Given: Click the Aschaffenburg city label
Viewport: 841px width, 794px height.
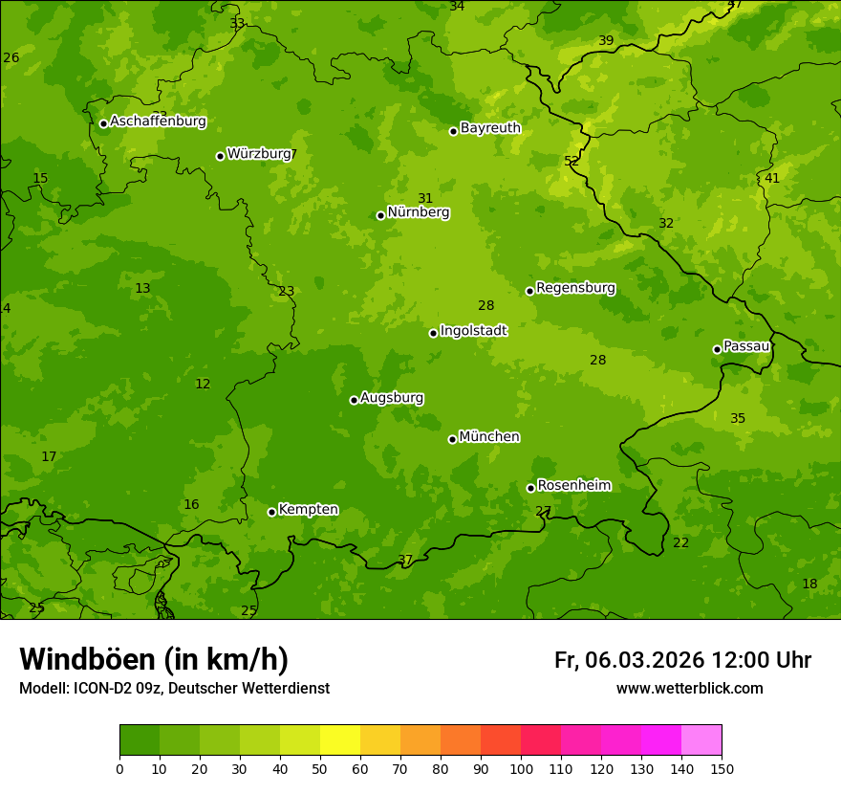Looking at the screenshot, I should pyautogui.click(x=158, y=121).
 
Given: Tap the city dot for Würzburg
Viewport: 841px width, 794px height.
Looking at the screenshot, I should pyautogui.click(x=220, y=156).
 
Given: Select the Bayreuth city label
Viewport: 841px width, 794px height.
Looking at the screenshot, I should pyautogui.click(x=490, y=128).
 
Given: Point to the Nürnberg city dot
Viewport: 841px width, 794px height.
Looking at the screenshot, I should pyautogui.click(x=380, y=215).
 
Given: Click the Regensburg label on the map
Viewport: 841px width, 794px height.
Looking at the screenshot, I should pyautogui.click(x=575, y=288).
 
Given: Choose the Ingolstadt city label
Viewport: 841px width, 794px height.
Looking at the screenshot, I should pyautogui.click(x=473, y=331).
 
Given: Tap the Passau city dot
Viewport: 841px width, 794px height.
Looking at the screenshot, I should pyautogui.click(x=717, y=349).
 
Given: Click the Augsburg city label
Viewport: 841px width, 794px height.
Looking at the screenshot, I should pyautogui.click(x=392, y=398).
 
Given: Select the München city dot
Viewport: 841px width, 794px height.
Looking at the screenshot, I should pyautogui.click(x=452, y=439).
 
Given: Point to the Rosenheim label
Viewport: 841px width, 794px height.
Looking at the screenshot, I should pyautogui.click(x=573, y=486).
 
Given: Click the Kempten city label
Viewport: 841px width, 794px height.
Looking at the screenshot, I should pyautogui.click(x=308, y=510).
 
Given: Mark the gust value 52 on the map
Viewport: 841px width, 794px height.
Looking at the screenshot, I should pyautogui.click(x=571, y=161).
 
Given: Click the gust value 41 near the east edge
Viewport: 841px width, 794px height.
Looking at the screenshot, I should pyautogui.click(x=772, y=178).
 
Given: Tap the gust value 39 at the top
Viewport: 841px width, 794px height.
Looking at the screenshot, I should pyautogui.click(x=606, y=40).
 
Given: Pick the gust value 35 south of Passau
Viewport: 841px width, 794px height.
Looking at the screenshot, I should pyautogui.click(x=738, y=418).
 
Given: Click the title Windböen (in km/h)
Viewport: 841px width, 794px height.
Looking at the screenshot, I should pyautogui.click(x=154, y=659).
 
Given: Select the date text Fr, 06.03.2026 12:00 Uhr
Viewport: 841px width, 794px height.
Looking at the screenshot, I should pyautogui.click(x=682, y=660).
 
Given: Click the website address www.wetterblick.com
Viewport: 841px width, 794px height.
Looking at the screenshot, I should pyautogui.click(x=689, y=689).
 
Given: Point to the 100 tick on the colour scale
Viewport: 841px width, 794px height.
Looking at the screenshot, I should pyautogui.click(x=521, y=768).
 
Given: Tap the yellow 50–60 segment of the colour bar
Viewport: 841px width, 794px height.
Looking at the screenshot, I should pyautogui.click(x=340, y=740).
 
